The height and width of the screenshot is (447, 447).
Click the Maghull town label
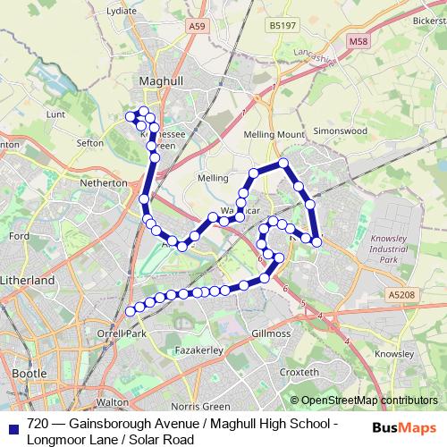point(162,80)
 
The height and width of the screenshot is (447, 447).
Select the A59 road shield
point(198,28)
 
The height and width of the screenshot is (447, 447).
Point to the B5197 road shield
point(281,28)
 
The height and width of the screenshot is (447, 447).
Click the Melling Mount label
point(274,134)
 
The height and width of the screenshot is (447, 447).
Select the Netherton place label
point(104,181)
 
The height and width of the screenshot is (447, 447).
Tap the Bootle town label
point(30,371)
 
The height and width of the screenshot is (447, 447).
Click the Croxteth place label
point(299,372)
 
